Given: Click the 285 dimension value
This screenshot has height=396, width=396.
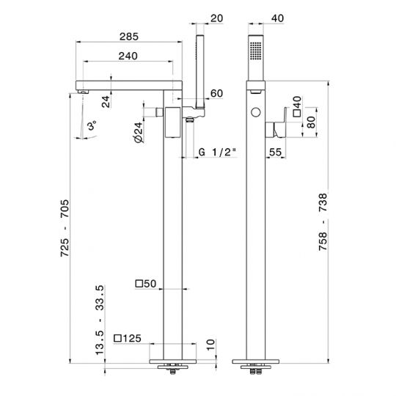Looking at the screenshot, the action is tap(129, 37).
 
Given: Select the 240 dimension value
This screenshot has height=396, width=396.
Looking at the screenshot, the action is tap(128, 56).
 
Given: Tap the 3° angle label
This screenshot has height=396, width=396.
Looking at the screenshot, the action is tap(92, 125).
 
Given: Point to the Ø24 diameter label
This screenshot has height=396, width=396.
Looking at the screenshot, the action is tap(139, 132).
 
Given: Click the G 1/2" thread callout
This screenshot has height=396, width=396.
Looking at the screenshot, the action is tap(217, 153).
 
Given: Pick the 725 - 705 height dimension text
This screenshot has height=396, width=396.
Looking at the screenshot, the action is tap(65, 228).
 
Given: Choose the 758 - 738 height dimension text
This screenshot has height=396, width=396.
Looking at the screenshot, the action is tap(323, 222).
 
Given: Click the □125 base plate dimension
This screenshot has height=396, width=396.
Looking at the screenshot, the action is tap(128, 338).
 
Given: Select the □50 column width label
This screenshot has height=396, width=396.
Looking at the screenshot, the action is tap(146, 284).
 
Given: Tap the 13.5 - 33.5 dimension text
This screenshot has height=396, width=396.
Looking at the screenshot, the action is tap(100, 320).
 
